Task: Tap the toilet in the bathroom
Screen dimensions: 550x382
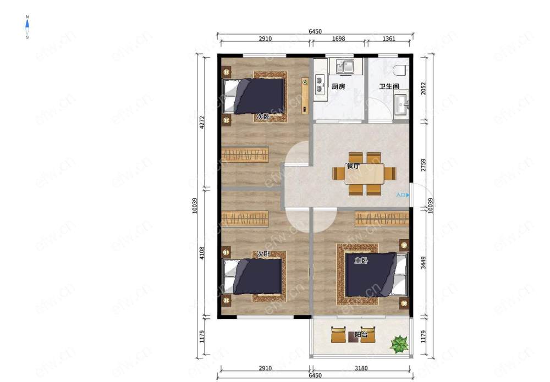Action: (x=402, y=70)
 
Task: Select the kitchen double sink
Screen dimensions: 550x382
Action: (x=344, y=67)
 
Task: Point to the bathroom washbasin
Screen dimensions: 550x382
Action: (x=402, y=102)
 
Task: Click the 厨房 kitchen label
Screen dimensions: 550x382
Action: (x=338, y=86)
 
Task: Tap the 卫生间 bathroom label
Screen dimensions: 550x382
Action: (x=389, y=86)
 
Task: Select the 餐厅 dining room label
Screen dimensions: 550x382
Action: (x=353, y=166)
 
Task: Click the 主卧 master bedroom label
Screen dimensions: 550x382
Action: (x=361, y=260)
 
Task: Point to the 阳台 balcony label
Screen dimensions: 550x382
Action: (x=361, y=334)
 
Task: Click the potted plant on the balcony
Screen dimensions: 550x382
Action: (x=399, y=344)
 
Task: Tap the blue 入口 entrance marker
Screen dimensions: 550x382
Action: (x=403, y=195)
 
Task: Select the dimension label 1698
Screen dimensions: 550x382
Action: (x=338, y=38)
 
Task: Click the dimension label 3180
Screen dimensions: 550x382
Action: (x=361, y=368)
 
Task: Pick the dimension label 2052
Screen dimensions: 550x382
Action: (x=424, y=88)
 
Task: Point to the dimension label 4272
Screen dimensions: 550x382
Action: (x=202, y=123)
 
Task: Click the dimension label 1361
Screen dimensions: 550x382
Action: (x=389, y=38)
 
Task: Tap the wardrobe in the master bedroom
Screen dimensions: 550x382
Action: (x=382, y=219)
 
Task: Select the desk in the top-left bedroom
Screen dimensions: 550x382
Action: (x=305, y=96)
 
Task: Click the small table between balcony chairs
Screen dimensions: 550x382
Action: (x=352, y=337)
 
